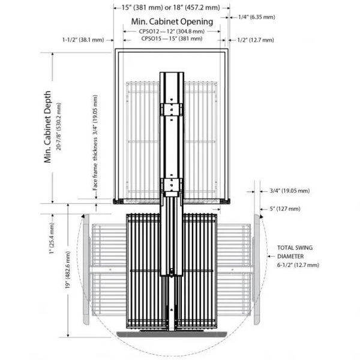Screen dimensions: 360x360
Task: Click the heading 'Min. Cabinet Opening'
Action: (172, 22)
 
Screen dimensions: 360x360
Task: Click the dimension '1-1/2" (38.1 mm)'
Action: (82, 40)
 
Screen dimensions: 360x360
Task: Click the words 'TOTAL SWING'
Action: (295, 248)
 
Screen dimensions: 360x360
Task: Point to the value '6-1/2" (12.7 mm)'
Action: (298, 265)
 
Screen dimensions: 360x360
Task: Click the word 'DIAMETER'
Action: (290, 256)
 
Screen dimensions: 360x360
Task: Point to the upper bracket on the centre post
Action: (172, 109)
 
